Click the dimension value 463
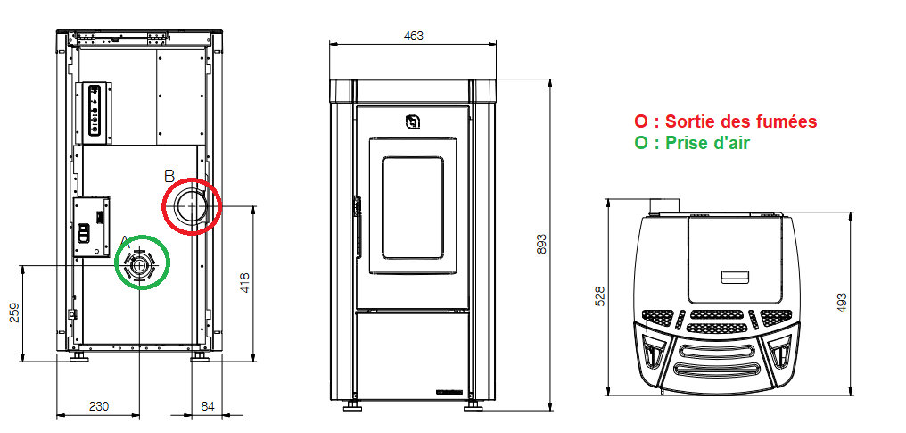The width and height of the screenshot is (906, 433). click(413, 36)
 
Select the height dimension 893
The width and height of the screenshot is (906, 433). click(541, 245)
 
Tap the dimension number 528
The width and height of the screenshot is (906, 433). click(600, 296)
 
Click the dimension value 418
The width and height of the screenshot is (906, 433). click(245, 283)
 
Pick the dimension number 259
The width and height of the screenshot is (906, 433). click(15, 312)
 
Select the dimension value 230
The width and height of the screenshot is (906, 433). click(98, 406)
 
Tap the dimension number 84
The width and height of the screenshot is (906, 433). click(208, 406)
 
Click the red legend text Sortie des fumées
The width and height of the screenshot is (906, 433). click(741, 122)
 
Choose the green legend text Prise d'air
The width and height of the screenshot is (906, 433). click(706, 143)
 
